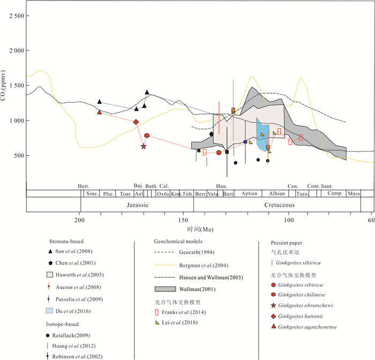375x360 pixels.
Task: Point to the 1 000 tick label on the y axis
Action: point(16,121)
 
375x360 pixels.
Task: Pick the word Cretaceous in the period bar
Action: point(279,205)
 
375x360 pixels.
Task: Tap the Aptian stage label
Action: point(249,194)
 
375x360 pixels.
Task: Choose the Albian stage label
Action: point(277,194)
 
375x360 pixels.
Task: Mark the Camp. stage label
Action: point(335,194)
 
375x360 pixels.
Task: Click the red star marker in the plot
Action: point(144,146)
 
